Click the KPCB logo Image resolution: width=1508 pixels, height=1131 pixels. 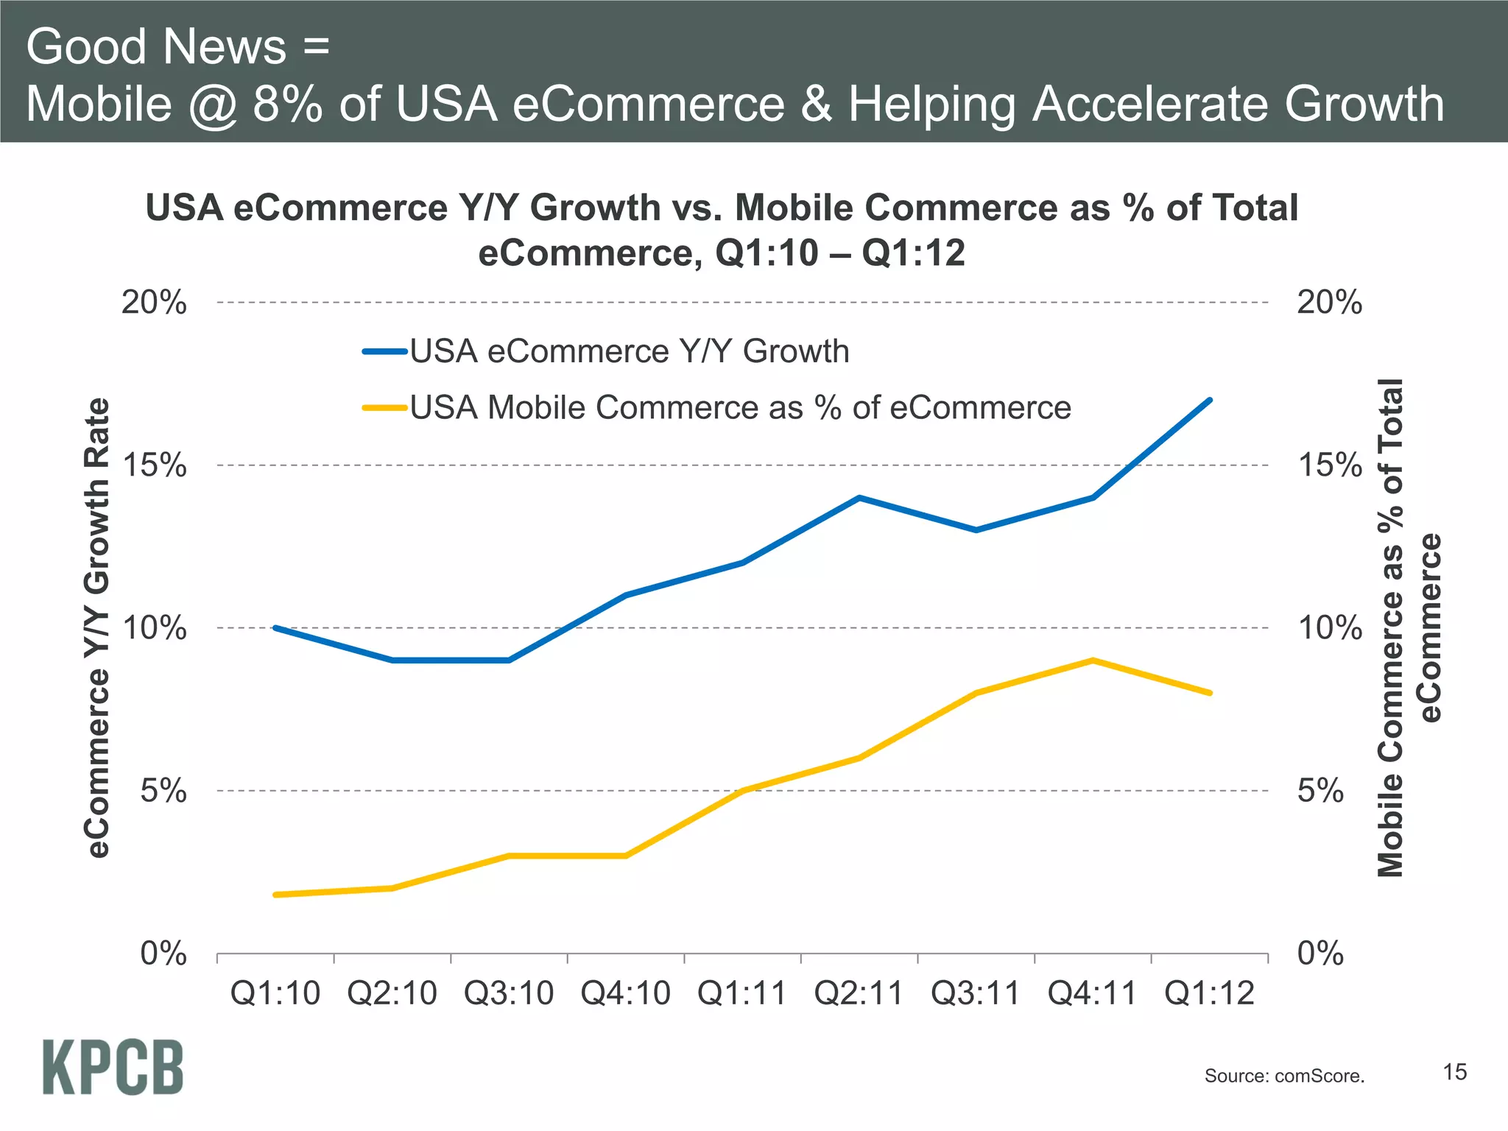[x=113, y=1067]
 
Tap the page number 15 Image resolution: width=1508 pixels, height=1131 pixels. [x=1454, y=1072]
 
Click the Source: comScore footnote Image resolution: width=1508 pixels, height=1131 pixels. [x=1284, y=1076]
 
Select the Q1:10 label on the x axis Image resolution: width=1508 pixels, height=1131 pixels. [x=275, y=994]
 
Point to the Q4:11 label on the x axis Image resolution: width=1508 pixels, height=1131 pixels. [x=1092, y=994]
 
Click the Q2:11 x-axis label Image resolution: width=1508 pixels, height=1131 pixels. [x=859, y=994]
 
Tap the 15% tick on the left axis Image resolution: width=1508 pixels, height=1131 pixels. [x=154, y=465]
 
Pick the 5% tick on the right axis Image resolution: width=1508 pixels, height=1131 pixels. [x=1320, y=791]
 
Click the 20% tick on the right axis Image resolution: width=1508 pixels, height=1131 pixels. [x=1329, y=303]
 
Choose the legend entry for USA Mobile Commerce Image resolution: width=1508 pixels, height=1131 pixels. [x=739, y=407]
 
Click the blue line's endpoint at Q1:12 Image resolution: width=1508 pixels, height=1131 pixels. [x=1210, y=401]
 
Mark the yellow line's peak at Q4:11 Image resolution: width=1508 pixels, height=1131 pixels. [x=1093, y=660]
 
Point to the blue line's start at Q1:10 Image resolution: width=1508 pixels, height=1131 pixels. [x=275, y=628]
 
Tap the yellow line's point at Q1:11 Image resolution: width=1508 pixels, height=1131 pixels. [x=743, y=790]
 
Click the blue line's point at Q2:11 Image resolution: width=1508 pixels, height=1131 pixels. [x=859, y=498]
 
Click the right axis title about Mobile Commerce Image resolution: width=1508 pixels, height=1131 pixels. [x=1409, y=628]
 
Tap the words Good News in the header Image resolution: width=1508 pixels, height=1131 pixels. [x=156, y=46]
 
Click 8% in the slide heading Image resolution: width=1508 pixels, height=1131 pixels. [x=287, y=104]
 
